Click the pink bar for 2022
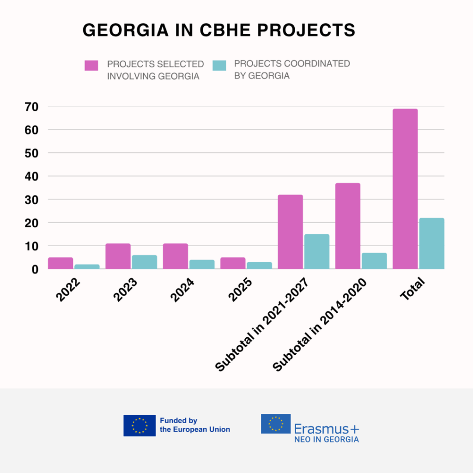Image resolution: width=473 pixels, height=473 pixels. (61, 263)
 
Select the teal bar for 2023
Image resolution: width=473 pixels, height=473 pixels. (145, 262)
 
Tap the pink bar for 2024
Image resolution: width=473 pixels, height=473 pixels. (176, 256)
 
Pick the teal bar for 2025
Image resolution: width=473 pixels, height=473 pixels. (259, 265)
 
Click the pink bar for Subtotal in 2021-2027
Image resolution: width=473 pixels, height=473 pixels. (290, 231)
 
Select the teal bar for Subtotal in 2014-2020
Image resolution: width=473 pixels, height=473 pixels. (374, 261)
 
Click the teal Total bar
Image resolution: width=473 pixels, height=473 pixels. (431, 243)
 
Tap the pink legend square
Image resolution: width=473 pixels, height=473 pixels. (91, 65)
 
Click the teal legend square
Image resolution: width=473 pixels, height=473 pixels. (219, 65)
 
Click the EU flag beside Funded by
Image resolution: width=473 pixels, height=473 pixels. (139, 425)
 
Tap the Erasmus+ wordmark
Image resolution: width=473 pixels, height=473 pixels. (327, 428)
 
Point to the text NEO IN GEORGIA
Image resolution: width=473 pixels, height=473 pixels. (327, 439)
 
